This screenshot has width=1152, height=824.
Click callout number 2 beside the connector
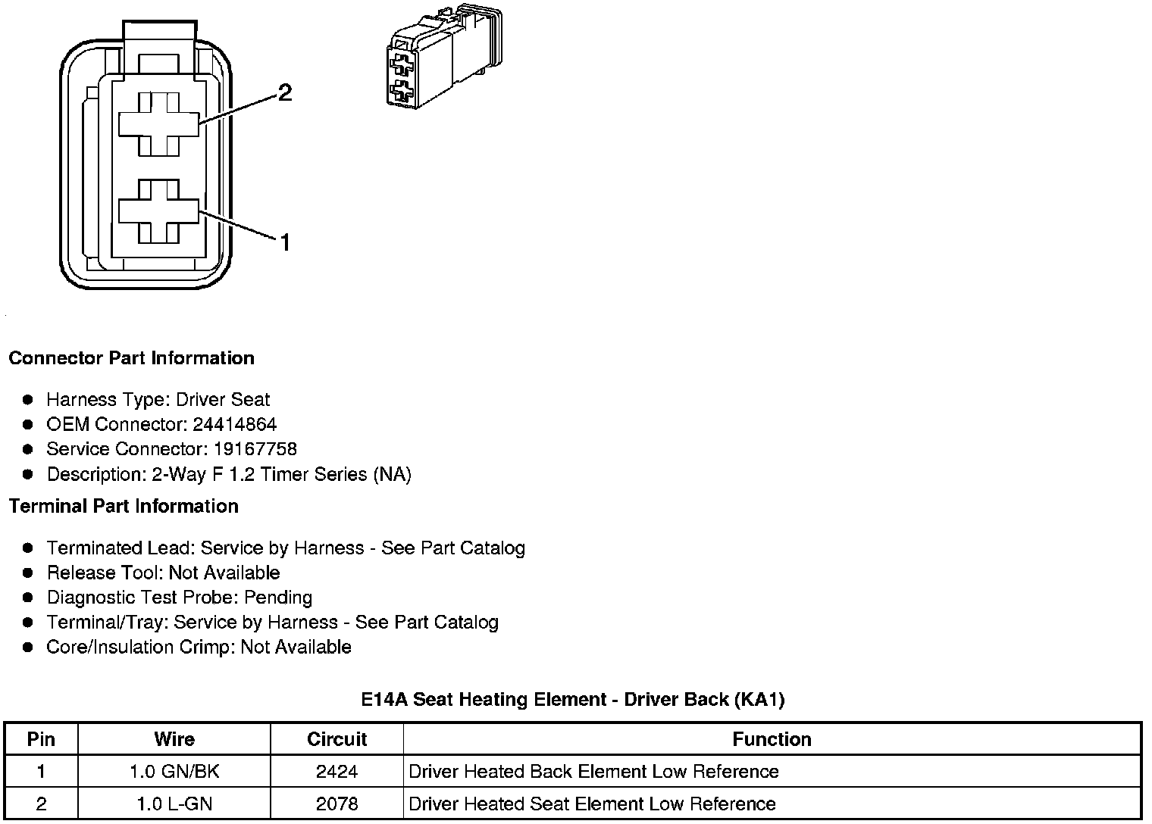pyautogui.click(x=284, y=92)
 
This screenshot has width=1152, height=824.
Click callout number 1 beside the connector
pyautogui.click(x=285, y=242)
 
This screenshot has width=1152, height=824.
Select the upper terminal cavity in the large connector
pyautogui.click(x=158, y=124)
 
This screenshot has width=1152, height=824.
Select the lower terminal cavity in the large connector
pyautogui.click(x=158, y=211)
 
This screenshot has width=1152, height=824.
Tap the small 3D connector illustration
pyautogui.click(x=443, y=59)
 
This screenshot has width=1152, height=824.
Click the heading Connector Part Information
pyautogui.click(x=131, y=358)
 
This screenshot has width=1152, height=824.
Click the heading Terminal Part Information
pyautogui.click(x=124, y=506)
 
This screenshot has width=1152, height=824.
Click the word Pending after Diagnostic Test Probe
pyautogui.click(x=277, y=598)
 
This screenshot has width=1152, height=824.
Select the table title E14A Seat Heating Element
pyautogui.click(x=572, y=700)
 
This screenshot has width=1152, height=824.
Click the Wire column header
pyautogui.click(x=174, y=739)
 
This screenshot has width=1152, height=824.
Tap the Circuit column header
pyautogui.click(x=337, y=739)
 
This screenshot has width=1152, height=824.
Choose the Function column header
pyautogui.click(x=772, y=739)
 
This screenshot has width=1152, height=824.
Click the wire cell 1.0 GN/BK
pyautogui.click(x=174, y=772)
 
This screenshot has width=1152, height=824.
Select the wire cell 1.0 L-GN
pyautogui.click(x=174, y=804)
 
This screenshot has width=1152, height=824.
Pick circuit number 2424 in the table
pyautogui.click(x=337, y=772)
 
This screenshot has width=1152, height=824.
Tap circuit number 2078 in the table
pyautogui.click(x=337, y=804)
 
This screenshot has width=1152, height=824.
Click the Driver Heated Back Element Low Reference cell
pyautogui.click(x=593, y=772)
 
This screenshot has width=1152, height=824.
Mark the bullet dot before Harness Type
pyautogui.click(x=28, y=400)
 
